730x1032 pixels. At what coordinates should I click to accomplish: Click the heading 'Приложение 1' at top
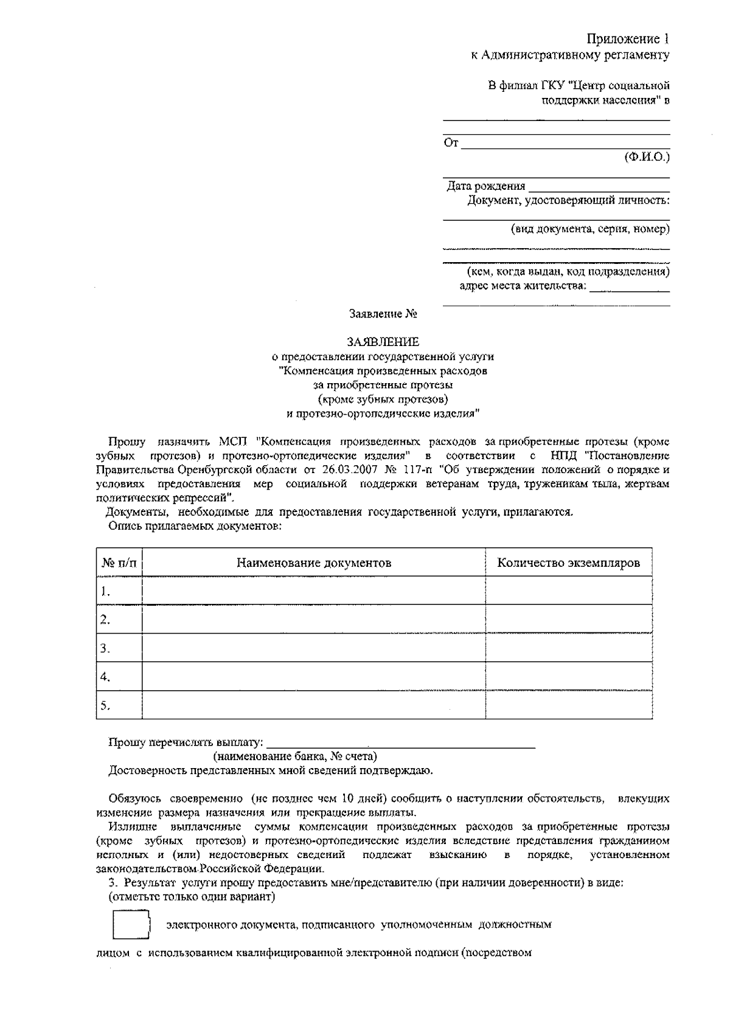click(627, 40)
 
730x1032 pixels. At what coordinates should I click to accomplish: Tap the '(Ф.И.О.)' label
click(647, 157)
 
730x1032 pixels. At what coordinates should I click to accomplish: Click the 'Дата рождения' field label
click(485, 186)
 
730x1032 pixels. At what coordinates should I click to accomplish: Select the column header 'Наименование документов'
click(313, 563)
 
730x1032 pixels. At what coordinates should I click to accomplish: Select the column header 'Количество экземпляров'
click(568, 563)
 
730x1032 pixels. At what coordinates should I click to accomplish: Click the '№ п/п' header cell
click(119, 563)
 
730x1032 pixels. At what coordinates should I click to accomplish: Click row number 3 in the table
click(105, 648)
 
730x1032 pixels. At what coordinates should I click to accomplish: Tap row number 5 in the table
click(105, 705)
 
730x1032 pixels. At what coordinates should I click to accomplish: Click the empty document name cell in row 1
click(313, 591)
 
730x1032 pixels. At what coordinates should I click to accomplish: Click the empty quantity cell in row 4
click(568, 677)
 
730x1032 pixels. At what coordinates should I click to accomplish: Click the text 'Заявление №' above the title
click(383, 314)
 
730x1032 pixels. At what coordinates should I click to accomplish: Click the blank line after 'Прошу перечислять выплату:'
click(401, 742)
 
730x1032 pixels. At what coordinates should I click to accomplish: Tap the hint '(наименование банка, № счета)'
click(294, 757)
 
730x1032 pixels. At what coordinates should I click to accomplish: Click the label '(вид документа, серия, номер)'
click(589, 229)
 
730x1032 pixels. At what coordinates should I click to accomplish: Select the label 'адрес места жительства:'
click(523, 285)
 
